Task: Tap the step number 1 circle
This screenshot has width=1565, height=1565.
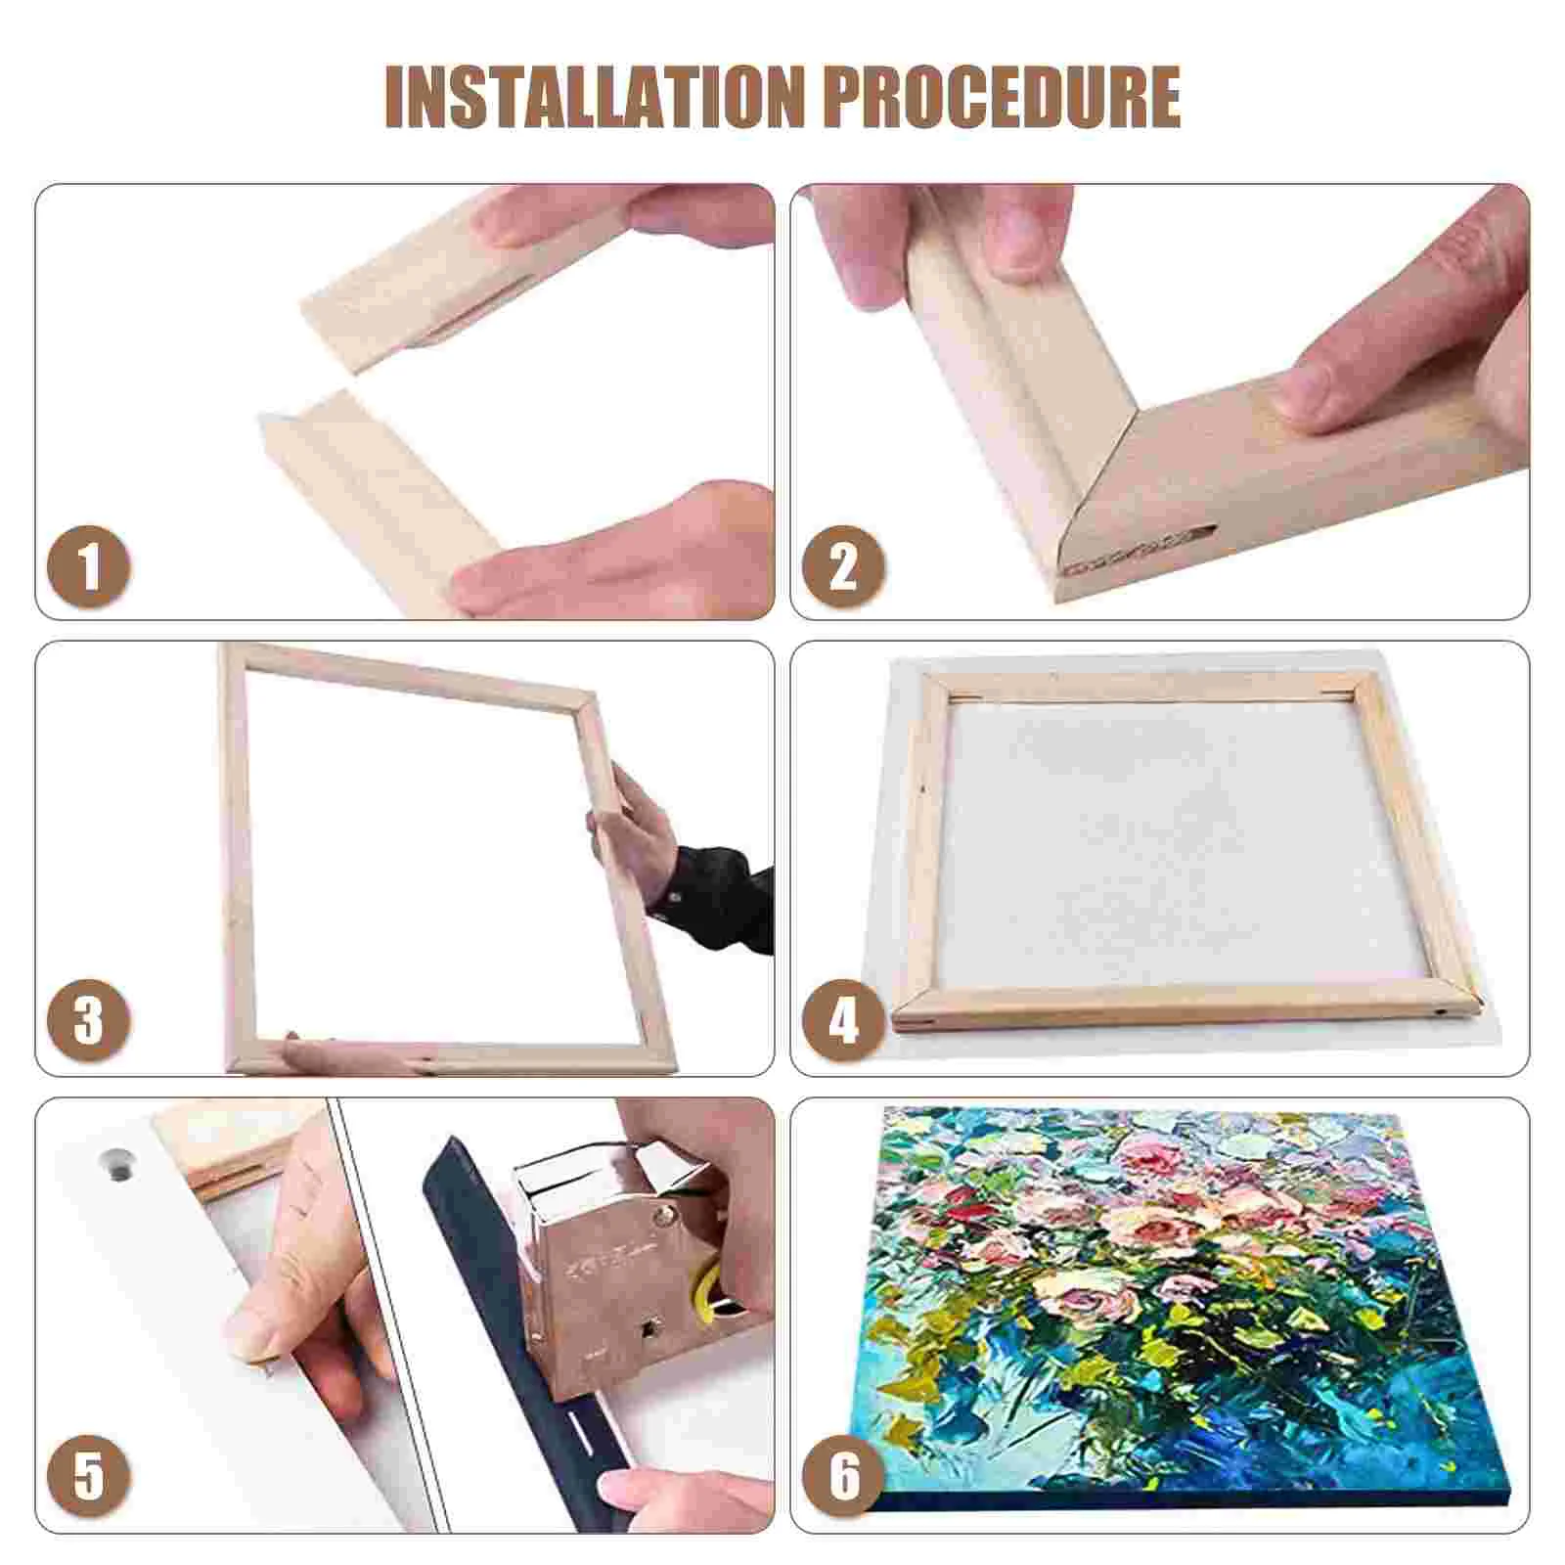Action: (89, 566)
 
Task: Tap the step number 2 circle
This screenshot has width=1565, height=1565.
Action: (843, 566)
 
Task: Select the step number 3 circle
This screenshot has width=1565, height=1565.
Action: (89, 1021)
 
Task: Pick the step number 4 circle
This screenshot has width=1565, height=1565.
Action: (843, 1021)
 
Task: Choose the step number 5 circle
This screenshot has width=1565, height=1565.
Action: (89, 1476)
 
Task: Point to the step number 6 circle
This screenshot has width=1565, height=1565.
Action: (843, 1476)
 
